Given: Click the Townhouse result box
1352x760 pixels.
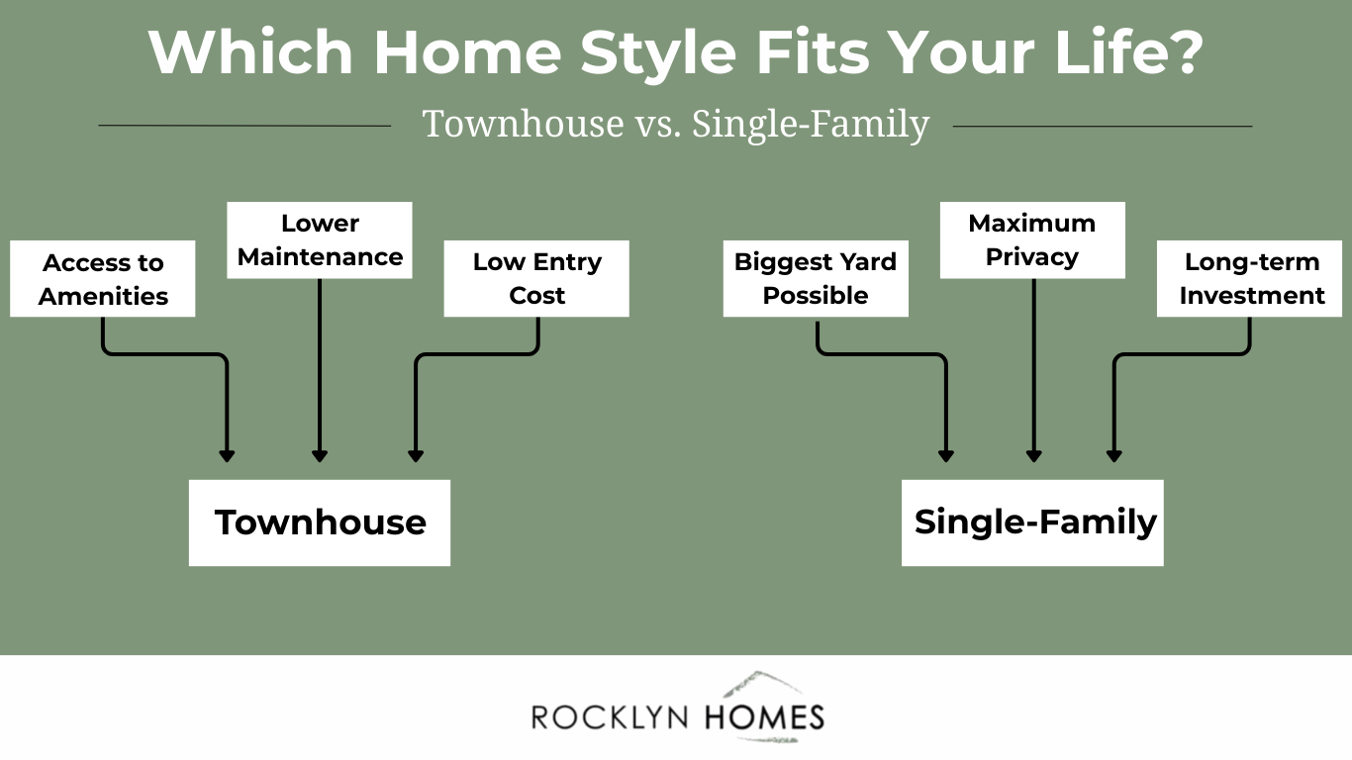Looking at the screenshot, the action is tap(320, 522).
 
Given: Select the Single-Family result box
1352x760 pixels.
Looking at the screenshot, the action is tap(1032, 522).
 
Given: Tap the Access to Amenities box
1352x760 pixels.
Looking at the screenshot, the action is tap(103, 279).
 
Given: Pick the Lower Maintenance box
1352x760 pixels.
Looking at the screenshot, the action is tap(320, 240).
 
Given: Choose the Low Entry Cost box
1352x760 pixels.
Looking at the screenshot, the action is tap(536, 279).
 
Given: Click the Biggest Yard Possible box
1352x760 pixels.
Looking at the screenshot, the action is tap(816, 279).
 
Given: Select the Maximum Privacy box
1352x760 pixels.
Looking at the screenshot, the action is tap(1032, 240).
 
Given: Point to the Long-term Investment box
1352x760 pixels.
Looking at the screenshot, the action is tap(1249, 279).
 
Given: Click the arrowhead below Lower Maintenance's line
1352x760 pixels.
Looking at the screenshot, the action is tap(320, 456).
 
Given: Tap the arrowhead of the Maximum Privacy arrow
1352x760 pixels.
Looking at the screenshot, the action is tap(1034, 456).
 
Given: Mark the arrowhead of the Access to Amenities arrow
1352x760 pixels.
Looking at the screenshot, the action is tap(227, 456).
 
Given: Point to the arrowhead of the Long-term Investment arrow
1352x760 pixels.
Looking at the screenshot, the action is tap(1114, 456).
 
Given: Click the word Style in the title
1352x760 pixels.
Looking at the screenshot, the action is tap(658, 53).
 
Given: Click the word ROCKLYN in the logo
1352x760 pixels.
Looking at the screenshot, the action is tap(610, 718).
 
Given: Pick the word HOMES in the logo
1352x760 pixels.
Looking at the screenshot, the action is tap(764, 717).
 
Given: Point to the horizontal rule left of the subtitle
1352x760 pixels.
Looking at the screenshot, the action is tap(244, 126).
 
